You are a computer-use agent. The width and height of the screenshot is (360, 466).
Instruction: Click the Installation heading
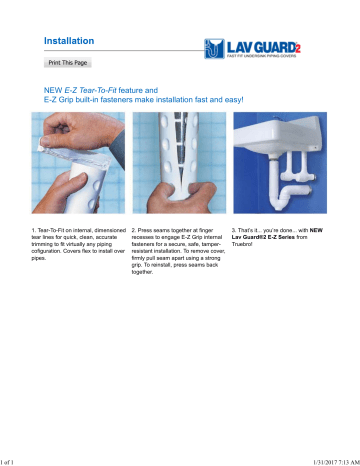click(69, 40)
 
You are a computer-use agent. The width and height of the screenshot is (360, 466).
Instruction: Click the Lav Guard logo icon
click(212, 46)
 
